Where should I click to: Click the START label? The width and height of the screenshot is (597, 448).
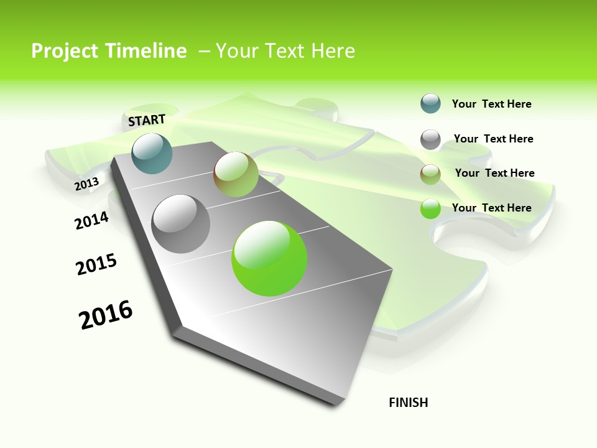click(147, 120)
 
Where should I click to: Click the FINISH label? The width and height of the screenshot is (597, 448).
click(408, 403)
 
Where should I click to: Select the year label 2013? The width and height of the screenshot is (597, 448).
click(87, 184)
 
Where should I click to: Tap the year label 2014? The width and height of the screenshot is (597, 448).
click(91, 220)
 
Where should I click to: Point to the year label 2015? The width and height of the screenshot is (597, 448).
click(96, 264)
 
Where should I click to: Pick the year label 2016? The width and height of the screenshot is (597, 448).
click(106, 315)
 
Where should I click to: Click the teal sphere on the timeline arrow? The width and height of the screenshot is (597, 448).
click(152, 153)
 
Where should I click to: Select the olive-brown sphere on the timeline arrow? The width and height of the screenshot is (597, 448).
click(236, 174)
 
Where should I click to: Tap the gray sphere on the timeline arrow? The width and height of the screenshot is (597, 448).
click(181, 223)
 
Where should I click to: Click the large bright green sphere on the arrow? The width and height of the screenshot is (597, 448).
click(269, 258)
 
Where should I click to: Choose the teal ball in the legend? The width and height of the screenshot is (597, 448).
click(430, 104)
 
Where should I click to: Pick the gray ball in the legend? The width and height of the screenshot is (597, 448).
click(430, 139)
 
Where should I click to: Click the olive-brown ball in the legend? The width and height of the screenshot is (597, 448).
click(430, 174)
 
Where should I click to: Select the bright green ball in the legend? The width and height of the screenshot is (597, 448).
click(430, 208)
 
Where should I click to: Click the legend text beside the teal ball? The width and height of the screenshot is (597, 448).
click(491, 105)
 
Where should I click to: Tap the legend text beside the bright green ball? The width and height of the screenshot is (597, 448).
click(491, 208)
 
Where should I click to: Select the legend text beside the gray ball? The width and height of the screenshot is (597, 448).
click(493, 139)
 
